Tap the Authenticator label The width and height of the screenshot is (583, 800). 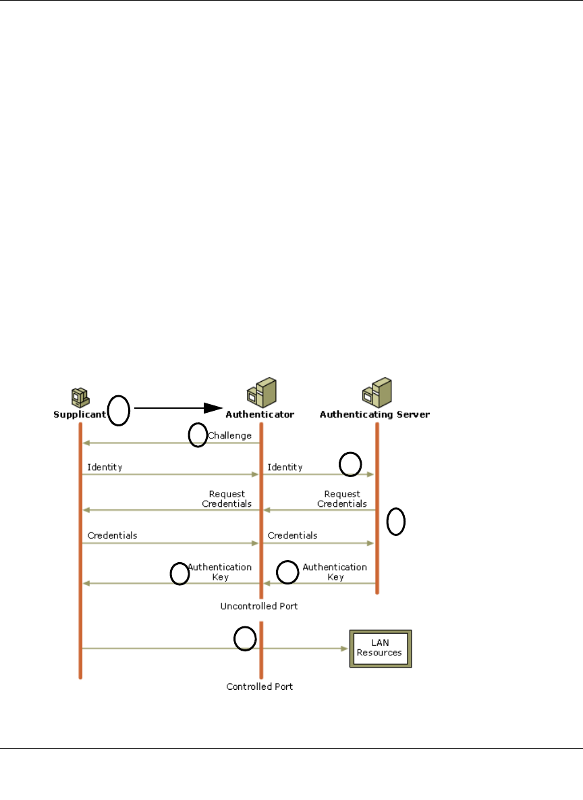pos(259,414)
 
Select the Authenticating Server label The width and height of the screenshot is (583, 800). pos(374,414)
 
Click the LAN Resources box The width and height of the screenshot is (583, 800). pos(380,649)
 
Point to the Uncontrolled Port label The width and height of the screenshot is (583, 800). pos(259,607)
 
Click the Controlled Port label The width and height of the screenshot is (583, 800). pos(260,686)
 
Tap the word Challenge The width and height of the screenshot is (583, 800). pos(229,436)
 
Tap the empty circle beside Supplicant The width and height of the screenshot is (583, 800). pos(119,411)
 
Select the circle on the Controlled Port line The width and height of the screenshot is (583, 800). pos(245,639)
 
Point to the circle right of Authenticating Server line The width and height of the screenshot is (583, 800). pos(396,522)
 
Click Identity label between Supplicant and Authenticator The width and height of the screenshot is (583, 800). pos(105,468)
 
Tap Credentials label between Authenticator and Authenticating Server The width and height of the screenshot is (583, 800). pos(292,536)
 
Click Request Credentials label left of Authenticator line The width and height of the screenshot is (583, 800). pos(227,499)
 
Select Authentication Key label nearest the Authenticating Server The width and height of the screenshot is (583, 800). pos(335,572)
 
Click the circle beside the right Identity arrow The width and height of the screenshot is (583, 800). pos(350,464)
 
